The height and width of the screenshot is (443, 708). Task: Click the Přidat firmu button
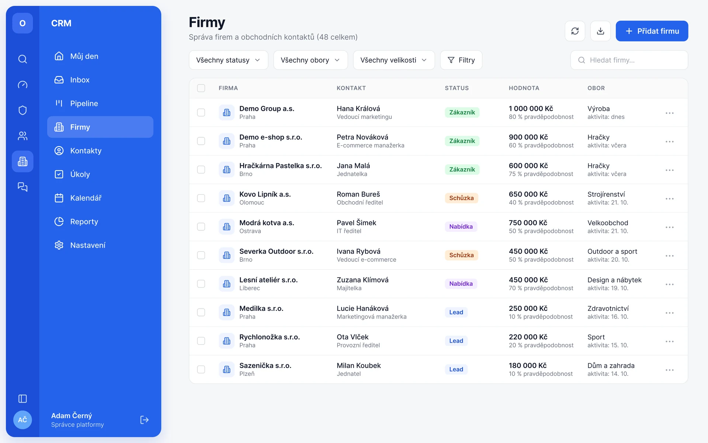point(652,31)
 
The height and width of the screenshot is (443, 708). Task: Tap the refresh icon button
point(575,31)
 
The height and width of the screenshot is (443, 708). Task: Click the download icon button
point(600,31)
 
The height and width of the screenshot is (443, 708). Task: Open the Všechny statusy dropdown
point(228,60)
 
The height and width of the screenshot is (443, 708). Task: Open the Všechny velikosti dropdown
point(394,60)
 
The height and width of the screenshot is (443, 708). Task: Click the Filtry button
point(461,60)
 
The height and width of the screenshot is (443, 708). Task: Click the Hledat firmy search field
point(629,60)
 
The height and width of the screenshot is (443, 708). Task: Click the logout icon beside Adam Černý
point(144,420)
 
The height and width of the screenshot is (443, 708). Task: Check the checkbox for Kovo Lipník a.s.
point(201,198)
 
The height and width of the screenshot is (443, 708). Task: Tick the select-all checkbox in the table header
point(201,88)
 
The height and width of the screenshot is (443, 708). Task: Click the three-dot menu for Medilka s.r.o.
point(669,313)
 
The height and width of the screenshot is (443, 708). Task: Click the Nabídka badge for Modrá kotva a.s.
point(461,227)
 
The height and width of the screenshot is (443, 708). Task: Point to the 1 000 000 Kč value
point(531,109)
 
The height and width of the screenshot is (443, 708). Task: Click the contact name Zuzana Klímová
point(362,280)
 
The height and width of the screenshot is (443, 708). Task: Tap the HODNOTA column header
point(524,88)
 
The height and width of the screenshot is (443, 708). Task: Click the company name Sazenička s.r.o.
point(265,365)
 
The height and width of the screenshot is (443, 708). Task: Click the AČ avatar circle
point(22,420)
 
